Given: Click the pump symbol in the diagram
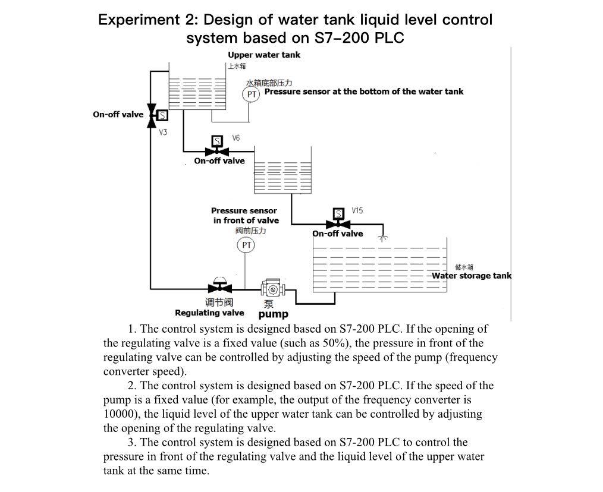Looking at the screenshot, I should click(274, 289).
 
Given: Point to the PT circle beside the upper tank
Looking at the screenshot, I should click(252, 94).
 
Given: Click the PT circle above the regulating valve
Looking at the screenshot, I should click(245, 245).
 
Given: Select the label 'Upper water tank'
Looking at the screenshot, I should click(264, 55).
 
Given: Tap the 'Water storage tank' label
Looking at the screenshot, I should click(471, 276).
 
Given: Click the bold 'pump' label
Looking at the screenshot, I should click(273, 314).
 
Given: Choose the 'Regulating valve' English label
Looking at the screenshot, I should click(209, 313).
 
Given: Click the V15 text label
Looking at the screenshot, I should click(357, 211).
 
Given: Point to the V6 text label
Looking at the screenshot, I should click(236, 138).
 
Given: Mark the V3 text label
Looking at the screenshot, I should click(163, 132).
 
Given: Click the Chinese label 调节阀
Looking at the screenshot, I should click(219, 302).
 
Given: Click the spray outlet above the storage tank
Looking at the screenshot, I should click(383, 238).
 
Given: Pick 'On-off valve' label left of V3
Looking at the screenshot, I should click(118, 115).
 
